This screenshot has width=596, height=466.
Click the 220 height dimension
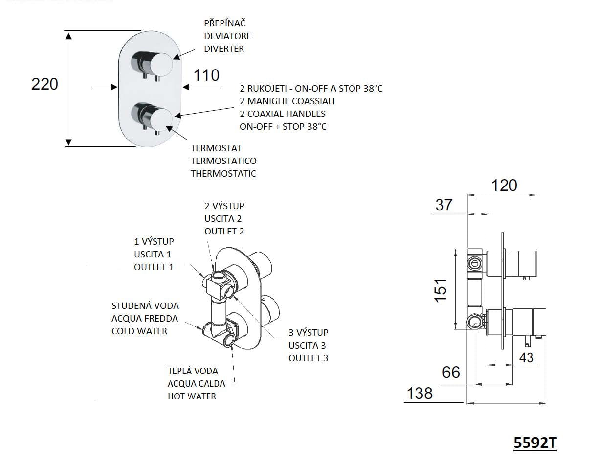tap(44, 84)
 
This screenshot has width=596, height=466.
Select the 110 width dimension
tap(206, 75)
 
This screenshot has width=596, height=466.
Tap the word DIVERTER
tap(224, 49)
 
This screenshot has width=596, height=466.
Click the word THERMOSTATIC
tap(223, 174)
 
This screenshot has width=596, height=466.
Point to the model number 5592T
tap(535, 443)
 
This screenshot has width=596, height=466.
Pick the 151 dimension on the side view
tap(441, 291)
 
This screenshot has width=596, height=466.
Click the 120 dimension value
tap(504, 186)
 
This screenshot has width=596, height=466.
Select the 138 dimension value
tap(419, 393)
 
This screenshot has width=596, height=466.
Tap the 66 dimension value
tap(451, 373)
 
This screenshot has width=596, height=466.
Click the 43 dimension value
tap(527, 357)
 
